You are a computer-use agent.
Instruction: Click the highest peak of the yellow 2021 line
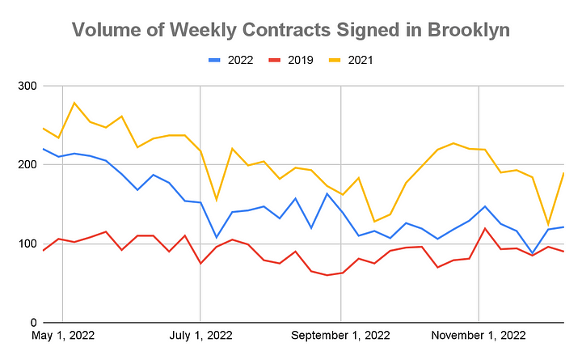click(74, 103)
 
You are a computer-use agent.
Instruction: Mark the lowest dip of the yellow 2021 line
click(548, 224)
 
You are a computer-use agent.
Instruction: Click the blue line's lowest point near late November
click(533, 254)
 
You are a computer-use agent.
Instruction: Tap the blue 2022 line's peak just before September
click(327, 193)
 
